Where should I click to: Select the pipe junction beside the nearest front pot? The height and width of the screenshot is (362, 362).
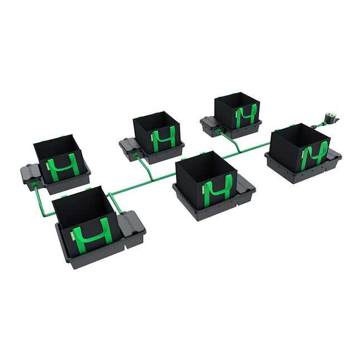(110, 194)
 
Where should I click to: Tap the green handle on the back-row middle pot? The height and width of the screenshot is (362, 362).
(164, 139)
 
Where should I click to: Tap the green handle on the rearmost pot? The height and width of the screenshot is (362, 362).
(245, 116)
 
